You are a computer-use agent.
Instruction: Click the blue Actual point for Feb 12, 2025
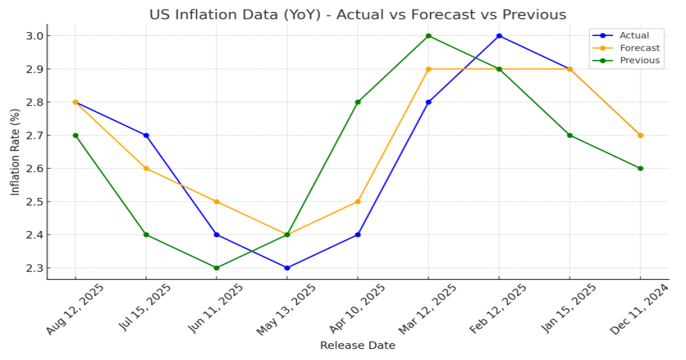click(x=499, y=36)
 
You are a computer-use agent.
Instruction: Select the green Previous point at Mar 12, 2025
click(x=428, y=36)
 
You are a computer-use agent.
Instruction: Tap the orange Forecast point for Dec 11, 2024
click(x=640, y=135)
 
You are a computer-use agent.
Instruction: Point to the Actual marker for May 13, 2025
click(x=287, y=268)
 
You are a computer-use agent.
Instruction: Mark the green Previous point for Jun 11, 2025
click(x=216, y=268)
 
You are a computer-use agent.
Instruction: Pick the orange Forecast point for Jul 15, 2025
click(x=146, y=169)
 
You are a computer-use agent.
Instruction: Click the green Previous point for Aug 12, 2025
click(x=75, y=135)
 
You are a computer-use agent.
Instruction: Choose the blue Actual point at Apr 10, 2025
click(x=358, y=235)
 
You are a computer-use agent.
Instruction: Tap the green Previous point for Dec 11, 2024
click(x=640, y=169)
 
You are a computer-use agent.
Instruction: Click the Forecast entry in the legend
click(x=639, y=48)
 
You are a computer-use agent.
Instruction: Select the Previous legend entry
click(x=639, y=61)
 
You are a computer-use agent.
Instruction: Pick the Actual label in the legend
click(x=634, y=35)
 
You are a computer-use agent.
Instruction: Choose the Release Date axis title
click(x=357, y=345)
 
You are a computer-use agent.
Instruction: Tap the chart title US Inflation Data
click(x=358, y=14)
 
